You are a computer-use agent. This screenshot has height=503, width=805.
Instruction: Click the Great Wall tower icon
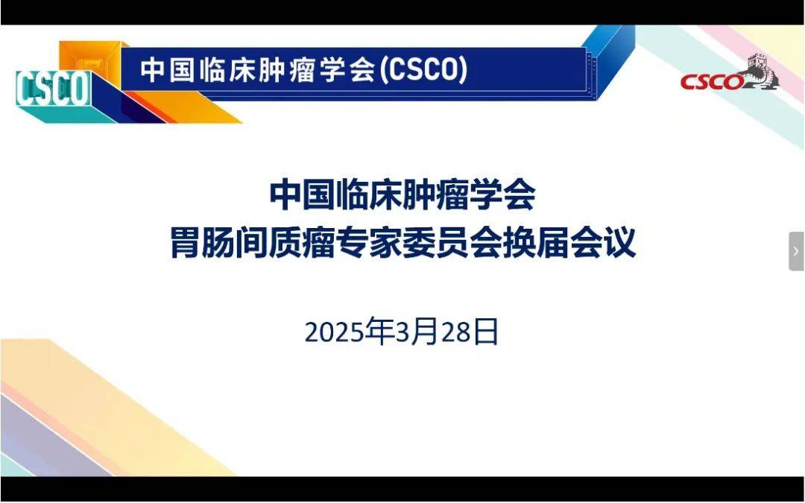tap(762, 72)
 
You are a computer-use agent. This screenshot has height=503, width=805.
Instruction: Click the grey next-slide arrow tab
tap(796, 251)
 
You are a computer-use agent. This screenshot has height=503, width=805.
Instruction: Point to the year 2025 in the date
tap(335, 332)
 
